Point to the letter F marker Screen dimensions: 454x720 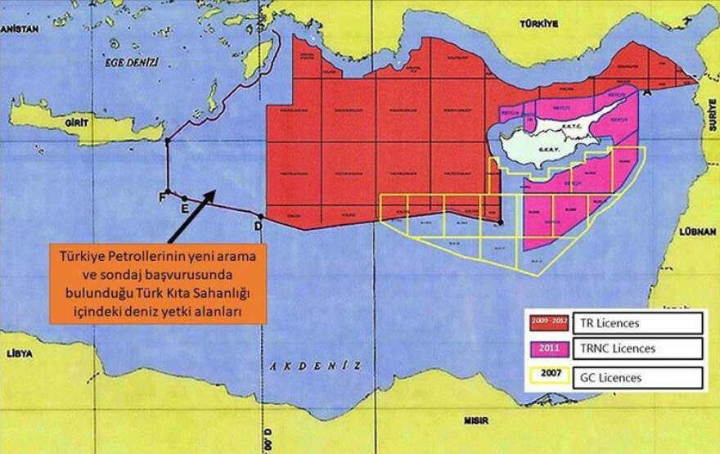click(x=162, y=196)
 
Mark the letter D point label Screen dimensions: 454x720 click(x=259, y=225)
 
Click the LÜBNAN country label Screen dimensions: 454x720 click(x=697, y=232)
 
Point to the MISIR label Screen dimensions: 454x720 click(x=475, y=422)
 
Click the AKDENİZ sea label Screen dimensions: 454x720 click(x=315, y=366)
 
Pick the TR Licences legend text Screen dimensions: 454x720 click(x=605, y=323)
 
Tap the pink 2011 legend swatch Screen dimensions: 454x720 click(x=549, y=348)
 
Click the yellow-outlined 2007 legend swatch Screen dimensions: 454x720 click(x=549, y=377)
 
